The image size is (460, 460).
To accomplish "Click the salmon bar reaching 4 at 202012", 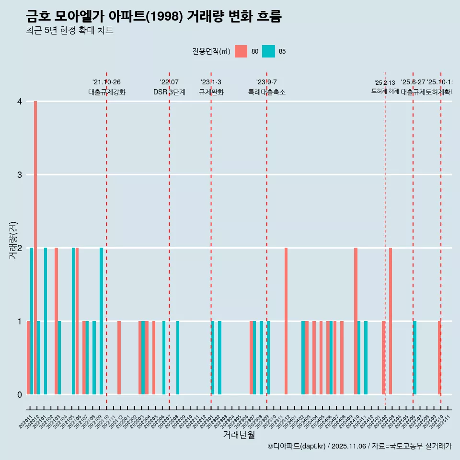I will click(x=35, y=248).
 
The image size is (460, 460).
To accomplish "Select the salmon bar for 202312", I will click(x=286, y=321).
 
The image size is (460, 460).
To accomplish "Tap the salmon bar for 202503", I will click(x=391, y=321).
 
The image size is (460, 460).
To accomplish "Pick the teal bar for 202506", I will click(x=415, y=357).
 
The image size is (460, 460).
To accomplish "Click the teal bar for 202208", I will click(x=178, y=357).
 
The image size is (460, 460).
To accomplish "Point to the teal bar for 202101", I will click(x=46, y=321).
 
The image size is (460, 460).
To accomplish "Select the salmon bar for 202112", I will click(x=119, y=357).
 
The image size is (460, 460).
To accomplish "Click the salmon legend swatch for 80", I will click(x=241, y=51).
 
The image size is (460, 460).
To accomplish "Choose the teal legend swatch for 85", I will click(x=268, y=51).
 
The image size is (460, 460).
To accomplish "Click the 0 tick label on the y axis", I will click(x=20, y=394).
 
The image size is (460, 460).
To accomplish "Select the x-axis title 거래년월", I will click(x=239, y=435).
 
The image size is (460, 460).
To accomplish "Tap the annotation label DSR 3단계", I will click(x=169, y=92).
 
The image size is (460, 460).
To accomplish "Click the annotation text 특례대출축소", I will click(x=266, y=92).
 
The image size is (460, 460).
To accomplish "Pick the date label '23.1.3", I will click(x=211, y=82).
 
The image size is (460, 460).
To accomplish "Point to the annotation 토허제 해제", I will click(x=385, y=91).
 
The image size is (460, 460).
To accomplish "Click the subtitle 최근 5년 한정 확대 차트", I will click(x=69, y=31).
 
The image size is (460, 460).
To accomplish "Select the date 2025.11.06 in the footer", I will click(x=348, y=446).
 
